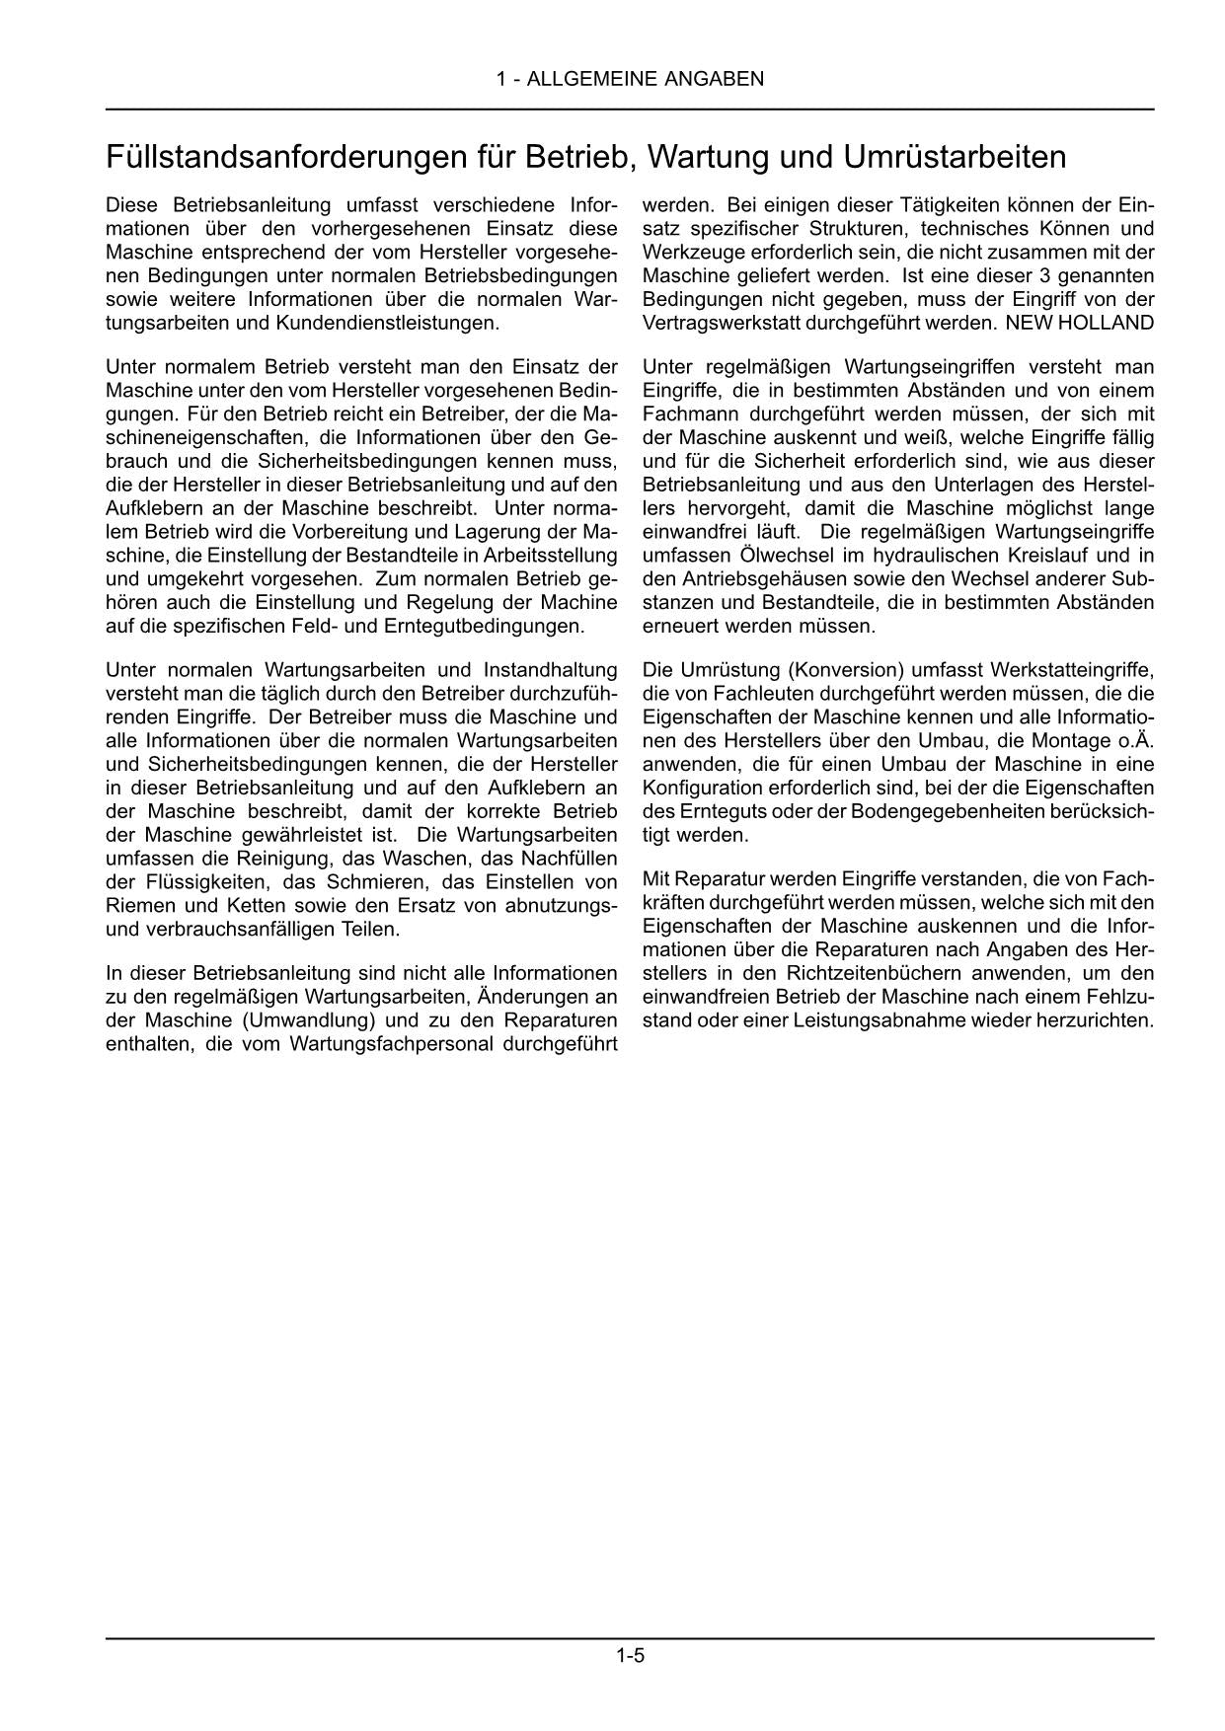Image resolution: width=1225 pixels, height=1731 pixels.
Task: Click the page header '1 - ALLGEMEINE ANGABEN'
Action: (x=630, y=79)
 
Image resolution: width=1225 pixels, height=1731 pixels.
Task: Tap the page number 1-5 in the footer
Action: (x=630, y=1656)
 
